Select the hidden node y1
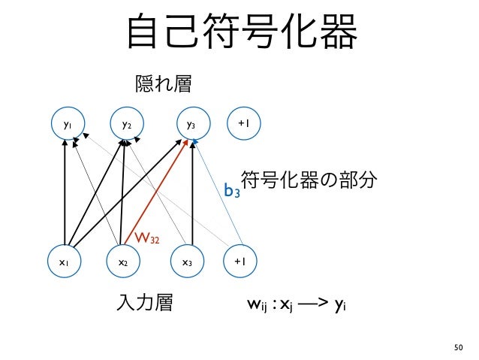click(68, 124)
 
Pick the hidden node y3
click(191, 124)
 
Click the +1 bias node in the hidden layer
click(243, 124)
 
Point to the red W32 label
click(146, 239)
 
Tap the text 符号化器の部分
click(309, 182)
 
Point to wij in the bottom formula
click(257, 305)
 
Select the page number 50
click(459, 346)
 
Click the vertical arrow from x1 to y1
click(66, 195)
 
